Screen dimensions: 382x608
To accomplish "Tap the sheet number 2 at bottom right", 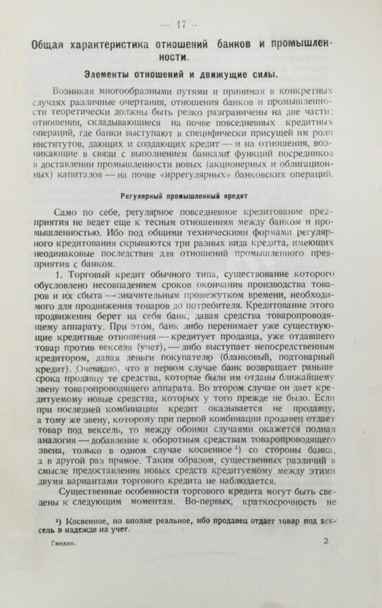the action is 325,561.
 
